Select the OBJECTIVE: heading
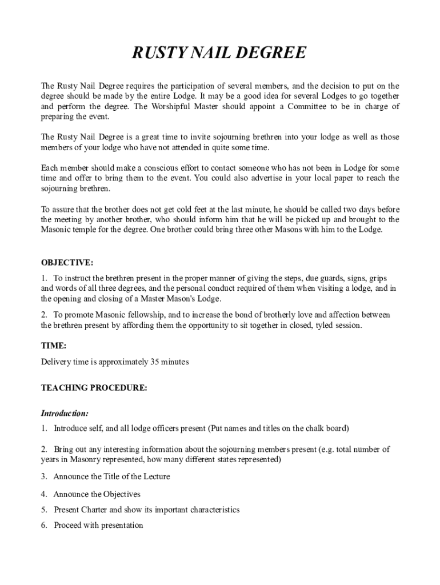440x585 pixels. click(x=67, y=263)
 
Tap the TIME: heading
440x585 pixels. click(x=54, y=346)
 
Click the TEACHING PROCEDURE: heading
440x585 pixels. click(x=94, y=388)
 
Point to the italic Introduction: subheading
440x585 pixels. click(x=65, y=412)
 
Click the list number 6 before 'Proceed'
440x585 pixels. click(x=43, y=526)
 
